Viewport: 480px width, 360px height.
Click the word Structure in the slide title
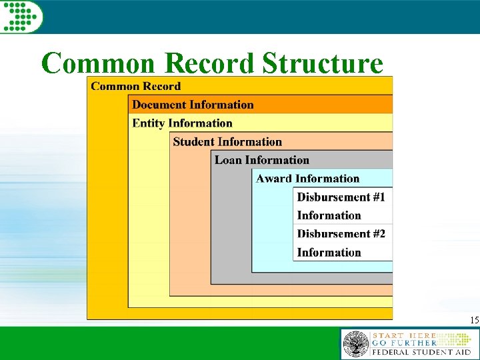point(323,63)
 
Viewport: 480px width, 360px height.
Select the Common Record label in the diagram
point(135,86)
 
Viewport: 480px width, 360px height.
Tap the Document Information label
point(193,105)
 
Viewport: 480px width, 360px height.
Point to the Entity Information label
point(182,123)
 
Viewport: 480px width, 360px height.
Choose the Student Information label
point(227,142)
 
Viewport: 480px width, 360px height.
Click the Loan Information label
point(262,160)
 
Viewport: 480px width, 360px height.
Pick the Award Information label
point(307,179)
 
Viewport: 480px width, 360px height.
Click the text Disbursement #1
point(341,197)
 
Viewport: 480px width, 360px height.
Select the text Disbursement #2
point(341,234)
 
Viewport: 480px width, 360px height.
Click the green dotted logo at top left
point(21,16)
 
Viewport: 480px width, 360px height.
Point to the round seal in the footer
point(355,344)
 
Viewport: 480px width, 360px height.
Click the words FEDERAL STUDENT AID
point(421,351)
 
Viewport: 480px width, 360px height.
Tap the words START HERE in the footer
point(404,335)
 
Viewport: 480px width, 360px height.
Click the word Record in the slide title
point(209,63)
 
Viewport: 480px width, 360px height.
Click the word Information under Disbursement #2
point(329,253)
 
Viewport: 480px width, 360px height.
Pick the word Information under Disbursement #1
point(329,215)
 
